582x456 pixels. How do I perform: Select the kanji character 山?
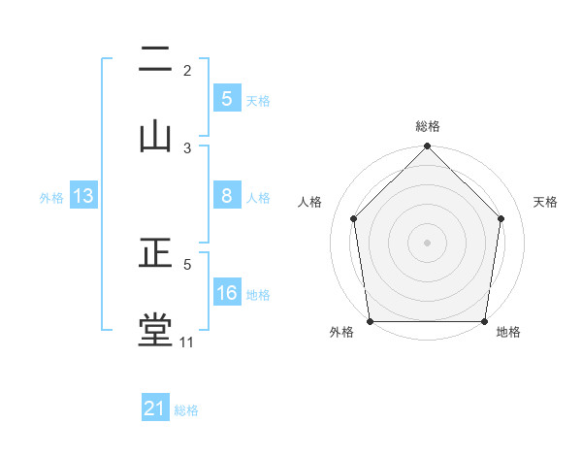click(155, 137)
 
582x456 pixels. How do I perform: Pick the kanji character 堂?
click(155, 331)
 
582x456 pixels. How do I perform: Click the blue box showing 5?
click(227, 99)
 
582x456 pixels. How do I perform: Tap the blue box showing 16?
click(227, 294)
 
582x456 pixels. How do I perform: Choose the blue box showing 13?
click(83, 197)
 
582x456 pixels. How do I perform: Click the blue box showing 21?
click(155, 409)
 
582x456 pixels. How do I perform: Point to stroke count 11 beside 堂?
click(187, 342)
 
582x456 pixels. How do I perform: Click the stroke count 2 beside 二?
click(187, 71)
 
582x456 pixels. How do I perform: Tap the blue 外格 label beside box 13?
click(51, 198)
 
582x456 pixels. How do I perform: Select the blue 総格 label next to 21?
click(186, 410)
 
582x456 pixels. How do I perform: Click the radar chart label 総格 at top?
click(428, 126)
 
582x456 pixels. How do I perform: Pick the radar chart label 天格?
click(546, 202)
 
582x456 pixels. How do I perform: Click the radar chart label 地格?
click(508, 333)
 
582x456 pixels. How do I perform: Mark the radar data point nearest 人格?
click(353, 218)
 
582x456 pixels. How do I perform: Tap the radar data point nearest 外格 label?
click(371, 321)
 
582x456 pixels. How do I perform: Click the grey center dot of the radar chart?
click(428, 242)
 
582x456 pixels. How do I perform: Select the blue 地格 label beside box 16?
click(258, 295)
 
